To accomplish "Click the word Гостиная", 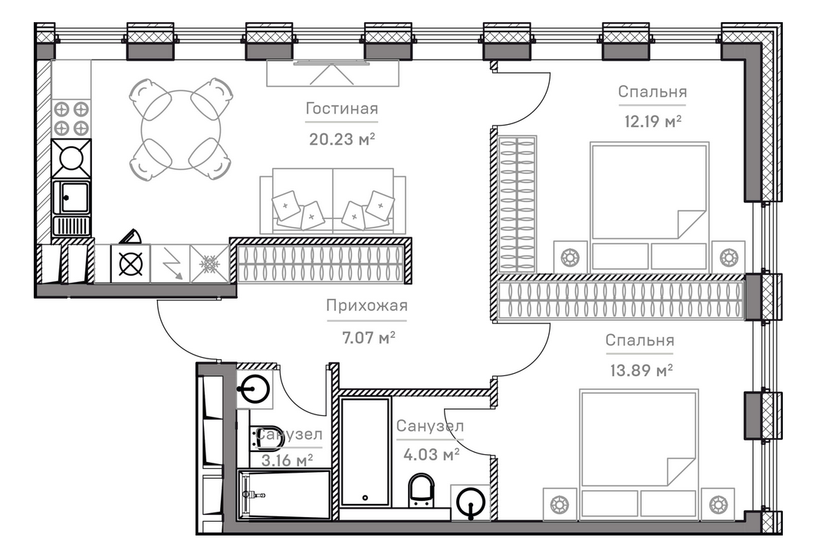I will tap(341, 109).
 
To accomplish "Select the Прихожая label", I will tap(366, 306).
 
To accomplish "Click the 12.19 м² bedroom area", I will tap(652, 121).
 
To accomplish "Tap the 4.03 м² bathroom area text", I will tap(431, 454).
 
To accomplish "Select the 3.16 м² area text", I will tap(288, 460).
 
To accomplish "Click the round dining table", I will tap(181, 129).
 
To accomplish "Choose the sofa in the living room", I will tap(333, 202).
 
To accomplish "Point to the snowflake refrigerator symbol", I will tap(209, 264).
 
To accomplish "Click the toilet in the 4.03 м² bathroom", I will tap(420, 490).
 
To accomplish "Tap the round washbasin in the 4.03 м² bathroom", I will tap(469, 503).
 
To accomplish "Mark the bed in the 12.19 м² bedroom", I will tap(649, 203).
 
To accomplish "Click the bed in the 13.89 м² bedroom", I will tap(639, 452).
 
